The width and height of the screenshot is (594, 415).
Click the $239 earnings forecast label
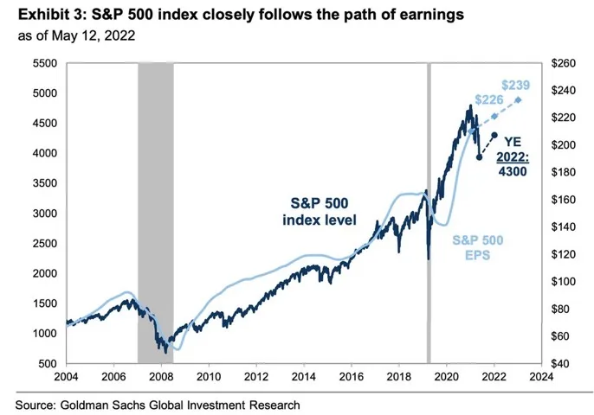pyautogui.click(x=516, y=86)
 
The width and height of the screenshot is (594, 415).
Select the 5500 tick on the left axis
pyautogui.click(x=43, y=64)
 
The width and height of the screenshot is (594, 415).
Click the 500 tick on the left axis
pyautogui.click(x=47, y=363)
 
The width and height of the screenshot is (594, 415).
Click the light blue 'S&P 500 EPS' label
pyautogui.click(x=478, y=248)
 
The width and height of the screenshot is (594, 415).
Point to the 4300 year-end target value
pyautogui.click(x=512, y=171)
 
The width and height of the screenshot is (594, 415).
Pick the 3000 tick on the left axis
pyautogui.click(x=43, y=213)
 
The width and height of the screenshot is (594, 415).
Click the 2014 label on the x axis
pyautogui.click(x=303, y=376)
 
